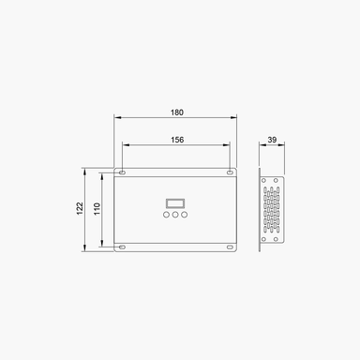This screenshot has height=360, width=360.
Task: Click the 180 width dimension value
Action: (176, 112)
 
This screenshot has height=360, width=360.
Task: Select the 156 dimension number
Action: (176, 139)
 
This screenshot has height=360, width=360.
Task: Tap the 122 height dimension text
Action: (81, 209)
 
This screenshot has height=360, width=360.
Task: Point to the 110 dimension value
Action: (97, 209)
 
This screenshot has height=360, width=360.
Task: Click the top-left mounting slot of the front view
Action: (123, 172)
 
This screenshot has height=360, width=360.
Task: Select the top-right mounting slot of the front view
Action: (231, 172)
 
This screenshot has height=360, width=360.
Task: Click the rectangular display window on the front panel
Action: (176, 202)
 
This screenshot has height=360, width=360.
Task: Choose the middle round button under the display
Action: (176, 217)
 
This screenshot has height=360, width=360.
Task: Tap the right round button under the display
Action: (186, 217)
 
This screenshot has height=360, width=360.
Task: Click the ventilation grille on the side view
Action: (271, 209)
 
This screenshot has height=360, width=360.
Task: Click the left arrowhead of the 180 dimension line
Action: (116, 117)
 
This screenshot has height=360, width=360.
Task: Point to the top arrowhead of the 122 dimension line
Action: (86, 172)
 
